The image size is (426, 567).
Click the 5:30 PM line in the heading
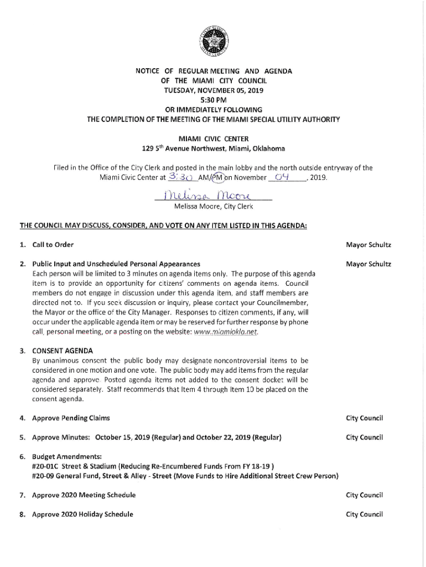click(x=213, y=100)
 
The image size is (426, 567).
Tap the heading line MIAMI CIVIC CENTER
click(x=213, y=138)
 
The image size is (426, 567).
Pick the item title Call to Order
click(x=53, y=244)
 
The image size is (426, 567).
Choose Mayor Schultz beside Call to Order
click(x=368, y=244)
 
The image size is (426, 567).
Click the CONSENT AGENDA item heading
click(x=63, y=350)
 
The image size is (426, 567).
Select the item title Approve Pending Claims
click(x=71, y=418)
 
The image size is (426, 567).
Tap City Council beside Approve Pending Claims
click(x=365, y=418)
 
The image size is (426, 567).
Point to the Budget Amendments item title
click(x=59, y=457)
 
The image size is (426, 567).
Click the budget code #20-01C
click(x=48, y=466)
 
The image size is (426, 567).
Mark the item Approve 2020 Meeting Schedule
click(x=84, y=495)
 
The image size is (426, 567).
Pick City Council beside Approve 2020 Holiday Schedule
click(x=365, y=514)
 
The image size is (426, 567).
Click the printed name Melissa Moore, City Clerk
click(x=213, y=207)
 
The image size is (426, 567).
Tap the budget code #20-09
click(x=45, y=476)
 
